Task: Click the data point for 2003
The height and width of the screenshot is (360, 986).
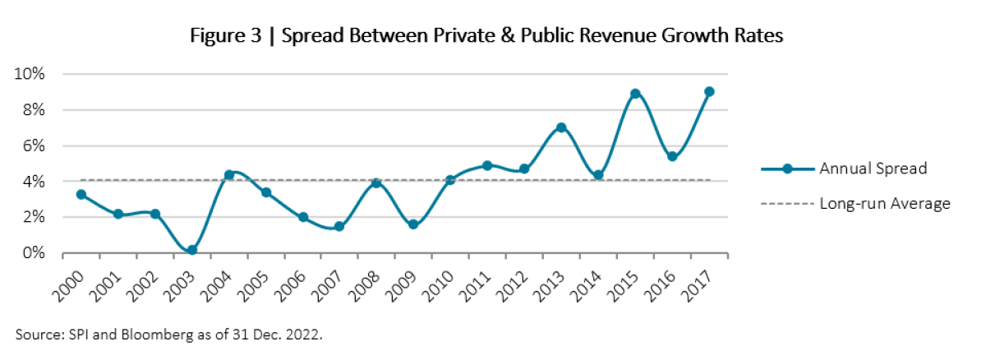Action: (191, 250)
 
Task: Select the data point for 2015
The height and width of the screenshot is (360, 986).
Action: (635, 94)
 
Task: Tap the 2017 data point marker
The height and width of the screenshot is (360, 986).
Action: (709, 91)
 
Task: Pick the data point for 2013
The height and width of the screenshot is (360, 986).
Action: (561, 127)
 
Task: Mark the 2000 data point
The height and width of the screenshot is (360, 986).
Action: (81, 195)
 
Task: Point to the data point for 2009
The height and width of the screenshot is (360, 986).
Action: (413, 224)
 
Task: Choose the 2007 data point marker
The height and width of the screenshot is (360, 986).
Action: (339, 226)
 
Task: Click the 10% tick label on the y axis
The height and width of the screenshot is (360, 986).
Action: (30, 74)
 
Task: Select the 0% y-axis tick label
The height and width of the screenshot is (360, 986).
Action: (34, 253)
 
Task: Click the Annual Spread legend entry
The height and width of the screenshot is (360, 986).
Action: (873, 168)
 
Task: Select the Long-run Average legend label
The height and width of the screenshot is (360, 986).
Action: (884, 203)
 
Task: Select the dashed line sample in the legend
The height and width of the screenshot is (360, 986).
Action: (786, 203)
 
